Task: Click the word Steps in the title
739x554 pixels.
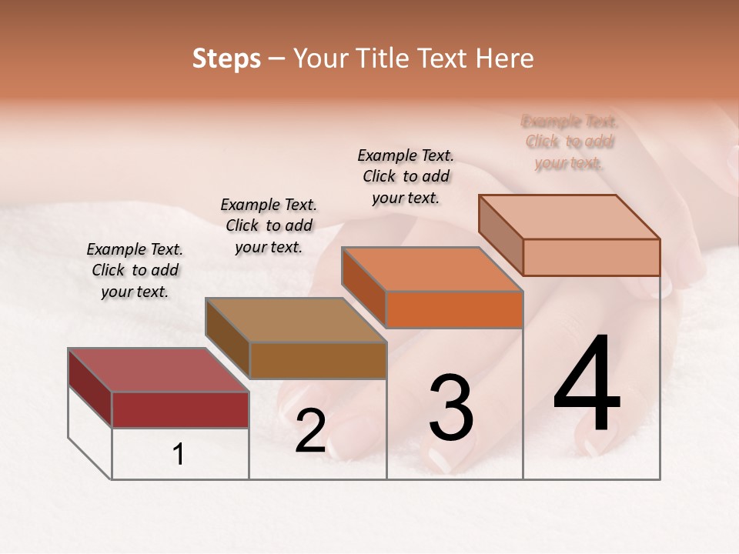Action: click(226, 58)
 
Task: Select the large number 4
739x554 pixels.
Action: click(587, 385)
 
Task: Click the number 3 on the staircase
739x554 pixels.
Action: click(451, 409)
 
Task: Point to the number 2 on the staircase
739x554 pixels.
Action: click(310, 431)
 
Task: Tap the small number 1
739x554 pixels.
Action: click(179, 455)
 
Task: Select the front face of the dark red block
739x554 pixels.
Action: click(180, 409)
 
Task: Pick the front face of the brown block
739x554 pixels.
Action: click(318, 360)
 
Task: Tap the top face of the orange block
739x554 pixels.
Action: click(431, 269)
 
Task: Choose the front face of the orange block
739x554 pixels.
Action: click(454, 310)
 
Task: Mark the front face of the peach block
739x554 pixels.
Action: click(591, 257)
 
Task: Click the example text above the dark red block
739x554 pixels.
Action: click(135, 270)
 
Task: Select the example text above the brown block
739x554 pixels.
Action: click(269, 225)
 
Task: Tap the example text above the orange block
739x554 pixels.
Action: click(406, 176)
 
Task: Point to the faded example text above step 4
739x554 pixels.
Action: click(569, 142)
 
